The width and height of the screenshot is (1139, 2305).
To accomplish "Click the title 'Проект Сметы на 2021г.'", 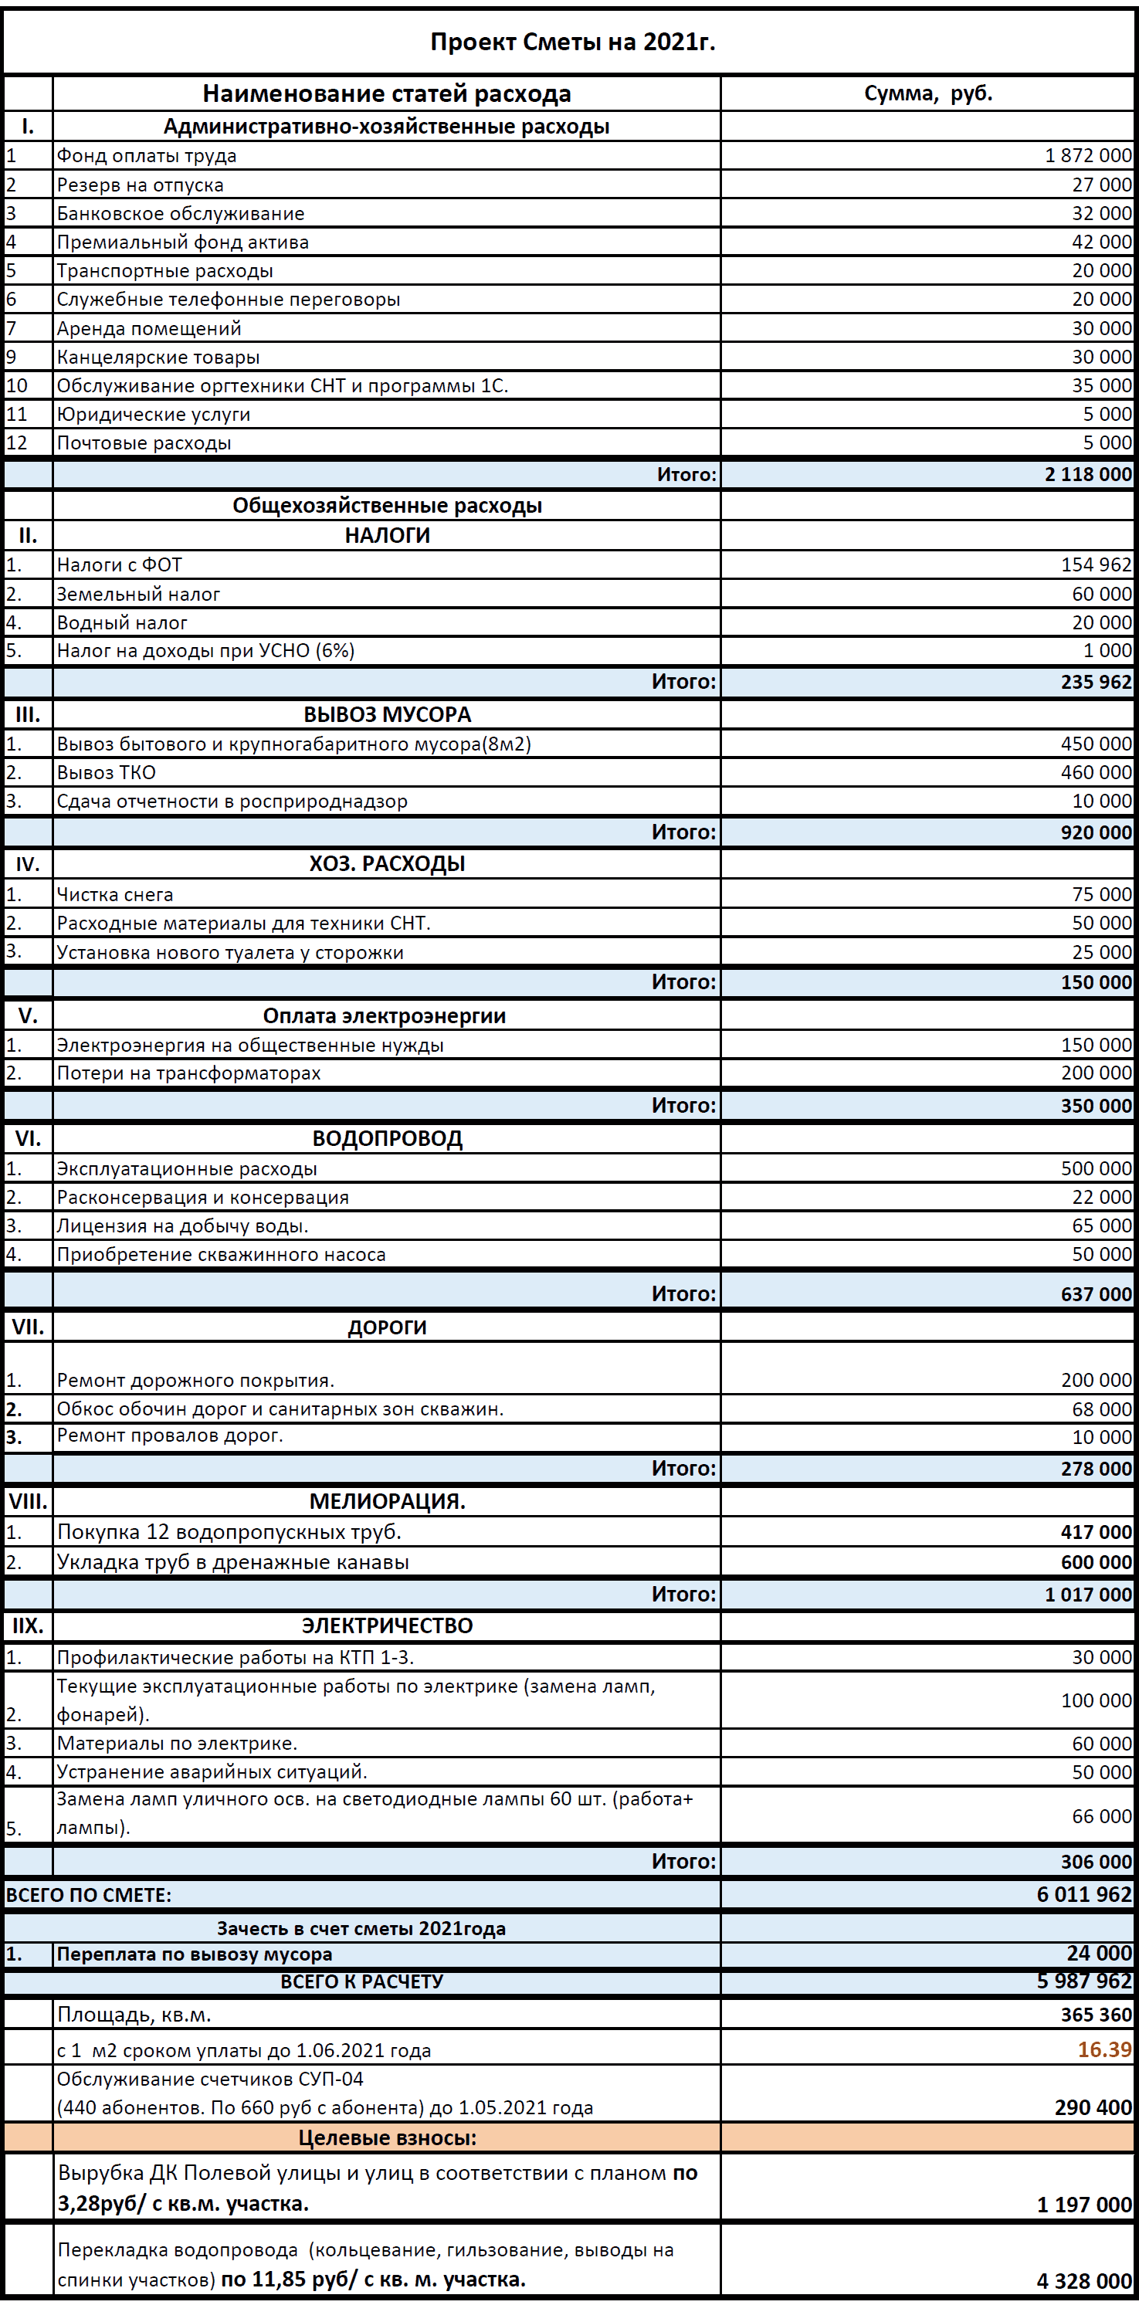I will tap(573, 42).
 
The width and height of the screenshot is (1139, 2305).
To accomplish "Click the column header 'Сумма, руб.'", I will tap(928, 94).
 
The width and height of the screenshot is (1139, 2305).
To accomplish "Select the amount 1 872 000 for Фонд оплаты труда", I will tap(1087, 156).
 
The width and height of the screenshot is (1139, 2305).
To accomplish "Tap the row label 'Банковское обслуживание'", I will tap(180, 214).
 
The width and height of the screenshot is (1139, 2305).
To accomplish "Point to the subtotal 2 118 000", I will tap(1087, 474).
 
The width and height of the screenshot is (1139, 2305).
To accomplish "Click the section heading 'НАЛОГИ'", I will tap(387, 535).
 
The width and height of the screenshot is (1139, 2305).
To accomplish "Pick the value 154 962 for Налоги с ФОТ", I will tap(1095, 564).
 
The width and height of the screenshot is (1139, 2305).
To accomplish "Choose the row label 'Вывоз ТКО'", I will tap(106, 772).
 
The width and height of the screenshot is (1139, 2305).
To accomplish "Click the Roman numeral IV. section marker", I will tap(28, 864).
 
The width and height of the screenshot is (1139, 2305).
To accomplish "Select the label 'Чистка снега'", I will tap(114, 894).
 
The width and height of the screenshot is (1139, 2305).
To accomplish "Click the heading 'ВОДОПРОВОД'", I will tap(387, 1138).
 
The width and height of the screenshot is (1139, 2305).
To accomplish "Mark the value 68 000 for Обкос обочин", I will tap(1101, 1409).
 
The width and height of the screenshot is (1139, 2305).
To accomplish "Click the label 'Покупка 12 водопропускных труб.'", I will tap(229, 1532).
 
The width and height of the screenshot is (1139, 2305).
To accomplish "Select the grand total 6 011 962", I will tap(1083, 1894).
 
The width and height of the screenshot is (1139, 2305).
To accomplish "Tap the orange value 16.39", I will tap(1104, 2049).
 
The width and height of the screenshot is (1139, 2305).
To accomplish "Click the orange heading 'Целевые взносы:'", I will tap(387, 2137).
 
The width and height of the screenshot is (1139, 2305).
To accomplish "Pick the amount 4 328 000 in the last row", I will tap(1083, 2281).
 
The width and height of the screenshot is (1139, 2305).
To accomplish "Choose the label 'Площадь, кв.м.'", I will tap(134, 2014).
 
